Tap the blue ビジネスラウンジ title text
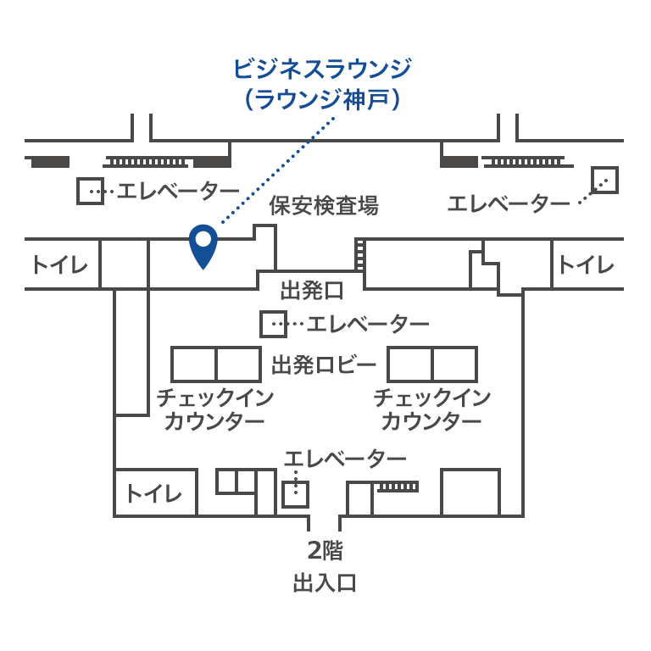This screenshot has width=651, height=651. coord(323,69)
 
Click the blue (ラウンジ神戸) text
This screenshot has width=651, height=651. coord(323,100)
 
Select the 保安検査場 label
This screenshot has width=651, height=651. coord(324,205)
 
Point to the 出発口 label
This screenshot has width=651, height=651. coord(312,290)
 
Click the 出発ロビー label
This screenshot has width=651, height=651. coord(324,365)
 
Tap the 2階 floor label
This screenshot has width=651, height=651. coord(325,550)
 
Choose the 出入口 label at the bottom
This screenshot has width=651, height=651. coord(325,582)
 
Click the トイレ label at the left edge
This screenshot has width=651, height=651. coord(61,264)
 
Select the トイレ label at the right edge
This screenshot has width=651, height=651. coord(587,264)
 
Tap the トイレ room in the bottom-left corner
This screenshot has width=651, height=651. coord(155,492)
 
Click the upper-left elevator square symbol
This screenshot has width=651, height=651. coord(90,191)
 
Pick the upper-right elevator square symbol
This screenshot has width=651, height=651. coord(605,181)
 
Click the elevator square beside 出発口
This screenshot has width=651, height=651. coord(273,324)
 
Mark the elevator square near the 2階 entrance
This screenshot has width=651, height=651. coord(296,494)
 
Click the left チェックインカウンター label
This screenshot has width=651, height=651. coord(215,409)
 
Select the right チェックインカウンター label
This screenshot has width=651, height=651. coord(432,409)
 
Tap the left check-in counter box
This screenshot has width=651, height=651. coord(216,364)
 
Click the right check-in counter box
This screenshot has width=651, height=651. coord(432,364)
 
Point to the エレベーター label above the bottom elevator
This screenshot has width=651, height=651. coord(345,459)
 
